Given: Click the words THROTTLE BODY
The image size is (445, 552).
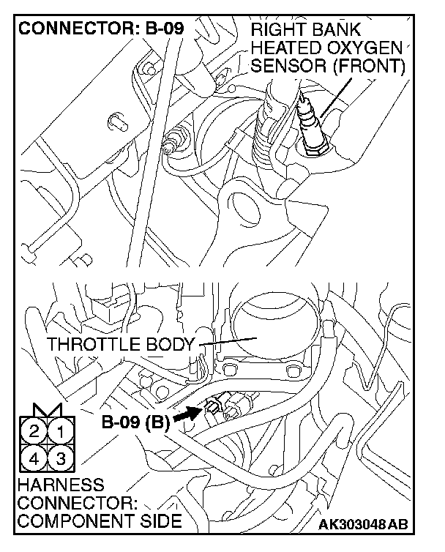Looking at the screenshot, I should coord(121,344).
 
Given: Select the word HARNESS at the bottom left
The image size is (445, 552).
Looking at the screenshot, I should coord(50,485).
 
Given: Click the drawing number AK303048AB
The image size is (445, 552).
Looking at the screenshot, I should coord(363,524).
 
